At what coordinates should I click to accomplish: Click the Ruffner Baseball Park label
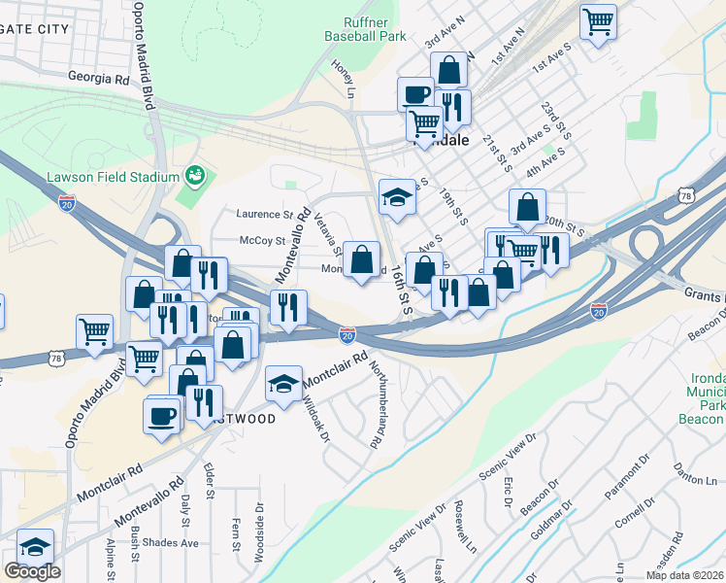[361, 29]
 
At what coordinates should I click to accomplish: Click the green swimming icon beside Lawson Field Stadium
[195, 176]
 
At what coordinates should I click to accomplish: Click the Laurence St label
[266, 214]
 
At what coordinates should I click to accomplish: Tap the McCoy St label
[263, 241]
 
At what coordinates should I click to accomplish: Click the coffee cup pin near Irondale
[415, 94]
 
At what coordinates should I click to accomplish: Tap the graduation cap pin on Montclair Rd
[283, 383]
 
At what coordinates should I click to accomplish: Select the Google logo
[32, 571]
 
